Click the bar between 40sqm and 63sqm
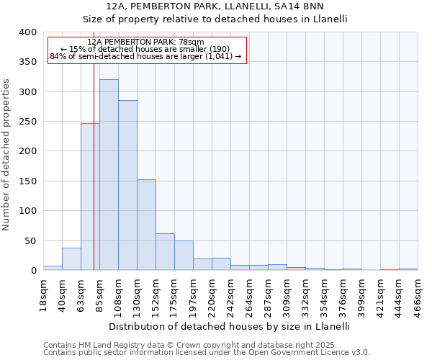pos(71,259)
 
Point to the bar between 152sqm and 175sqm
pos(165,252)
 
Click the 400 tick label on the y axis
pos(27,32)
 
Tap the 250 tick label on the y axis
pos(27,122)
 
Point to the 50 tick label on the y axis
pos(30,240)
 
